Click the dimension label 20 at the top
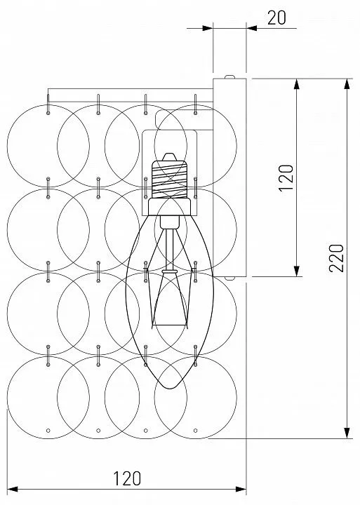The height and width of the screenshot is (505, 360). point(276,18)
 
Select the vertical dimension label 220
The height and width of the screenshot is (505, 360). point(336,258)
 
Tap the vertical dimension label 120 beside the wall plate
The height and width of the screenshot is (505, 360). point(286,178)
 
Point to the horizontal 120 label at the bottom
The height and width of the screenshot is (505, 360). point(127,478)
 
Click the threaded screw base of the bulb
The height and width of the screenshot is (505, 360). point(170,180)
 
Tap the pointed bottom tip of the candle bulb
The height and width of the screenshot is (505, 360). point(170,388)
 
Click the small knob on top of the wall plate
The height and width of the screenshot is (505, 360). point(229,77)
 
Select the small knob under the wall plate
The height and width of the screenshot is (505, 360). point(229,278)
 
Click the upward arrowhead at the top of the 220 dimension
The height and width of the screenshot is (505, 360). point(347,83)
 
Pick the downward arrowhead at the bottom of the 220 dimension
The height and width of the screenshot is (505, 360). point(347,433)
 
